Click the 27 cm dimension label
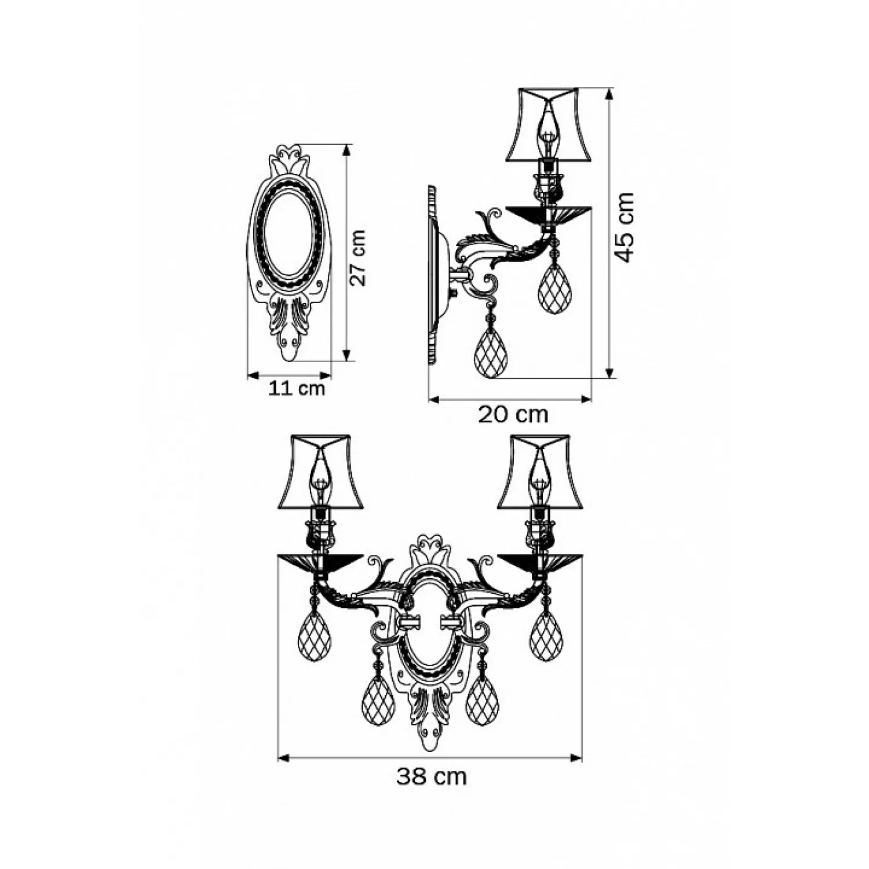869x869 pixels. (x=360, y=258)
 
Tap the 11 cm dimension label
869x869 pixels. (x=296, y=388)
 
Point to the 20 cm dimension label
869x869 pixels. (x=513, y=415)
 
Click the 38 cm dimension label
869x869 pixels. (x=432, y=776)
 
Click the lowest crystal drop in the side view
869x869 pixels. (x=491, y=353)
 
